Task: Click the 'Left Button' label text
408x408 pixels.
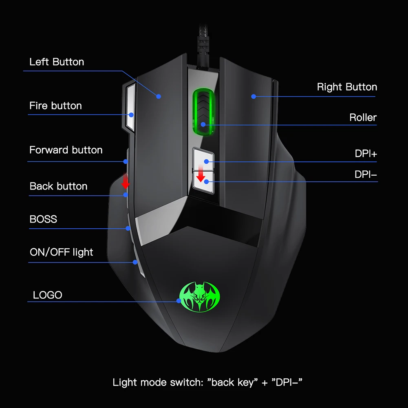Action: (x=57, y=62)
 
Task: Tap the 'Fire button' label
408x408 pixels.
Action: (x=55, y=106)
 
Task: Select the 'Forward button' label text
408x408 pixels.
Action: (x=66, y=150)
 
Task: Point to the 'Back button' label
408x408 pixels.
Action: (x=58, y=186)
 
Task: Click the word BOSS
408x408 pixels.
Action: (x=43, y=219)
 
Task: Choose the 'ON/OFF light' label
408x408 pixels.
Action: (x=61, y=252)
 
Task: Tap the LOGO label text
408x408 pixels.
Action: (x=48, y=295)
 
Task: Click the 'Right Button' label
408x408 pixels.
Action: (x=347, y=87)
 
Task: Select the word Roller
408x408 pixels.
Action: (x=363, y=118)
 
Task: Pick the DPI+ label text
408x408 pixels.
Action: (x=366, y=154)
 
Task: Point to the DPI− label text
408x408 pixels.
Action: (x=366, y=174)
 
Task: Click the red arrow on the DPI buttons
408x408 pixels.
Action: (x=200, y=174)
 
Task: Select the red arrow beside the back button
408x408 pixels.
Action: (x=126, y=181)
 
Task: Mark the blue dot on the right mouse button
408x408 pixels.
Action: (x=253, y=97)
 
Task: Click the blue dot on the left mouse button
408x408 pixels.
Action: (x=159, y=96)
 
